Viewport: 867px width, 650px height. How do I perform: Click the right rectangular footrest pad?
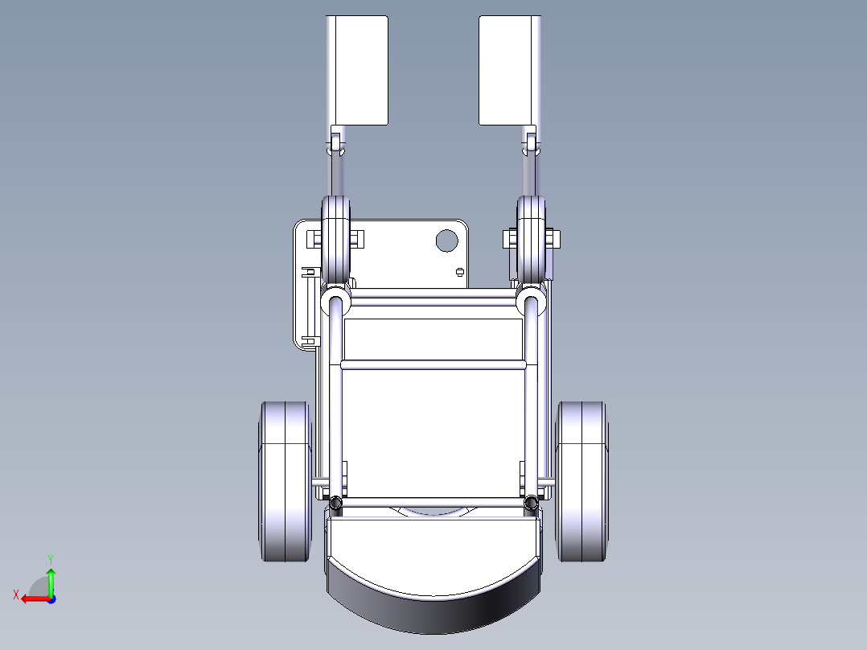coord(507,71)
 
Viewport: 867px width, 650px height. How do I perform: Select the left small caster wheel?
coord(337,238)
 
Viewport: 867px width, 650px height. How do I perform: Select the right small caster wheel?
coord(531,238)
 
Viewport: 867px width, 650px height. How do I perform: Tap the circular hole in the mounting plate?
coord(445,239)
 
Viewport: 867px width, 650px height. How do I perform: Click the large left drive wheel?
coord(285,480)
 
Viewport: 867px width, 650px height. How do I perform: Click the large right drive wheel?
coord(582,480)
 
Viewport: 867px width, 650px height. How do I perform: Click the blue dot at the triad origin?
coord(51,599)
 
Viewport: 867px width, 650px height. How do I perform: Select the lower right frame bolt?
coord(531,504)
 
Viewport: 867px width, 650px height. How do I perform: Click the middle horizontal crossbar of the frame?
coord(433,364)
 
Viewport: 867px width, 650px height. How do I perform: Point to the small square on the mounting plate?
coord(459,272)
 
